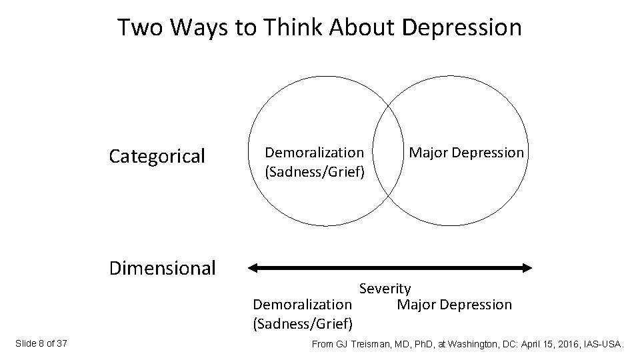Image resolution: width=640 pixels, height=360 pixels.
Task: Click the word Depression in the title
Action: coord(462,28)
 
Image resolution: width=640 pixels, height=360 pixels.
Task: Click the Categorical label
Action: coord(157,157)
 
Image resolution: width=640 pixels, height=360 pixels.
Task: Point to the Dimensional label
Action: coord(163,268)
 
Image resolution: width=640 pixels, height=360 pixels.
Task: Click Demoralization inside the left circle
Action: coord(315,153)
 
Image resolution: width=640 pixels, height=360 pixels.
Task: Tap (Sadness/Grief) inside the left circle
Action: coord(315,173)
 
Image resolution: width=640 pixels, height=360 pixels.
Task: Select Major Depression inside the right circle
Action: coord(467,153)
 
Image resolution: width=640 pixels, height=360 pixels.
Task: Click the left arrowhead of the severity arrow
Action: coord(253,268)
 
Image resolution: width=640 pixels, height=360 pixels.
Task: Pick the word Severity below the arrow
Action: coord(385,289)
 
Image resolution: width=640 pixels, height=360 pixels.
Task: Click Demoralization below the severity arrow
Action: coord(303,305)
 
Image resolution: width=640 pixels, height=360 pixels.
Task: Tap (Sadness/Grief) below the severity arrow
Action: coord(303,325)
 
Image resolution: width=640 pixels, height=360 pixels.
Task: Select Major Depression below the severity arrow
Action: coord(455,305)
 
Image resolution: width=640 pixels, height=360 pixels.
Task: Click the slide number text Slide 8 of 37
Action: coord(41,344)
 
